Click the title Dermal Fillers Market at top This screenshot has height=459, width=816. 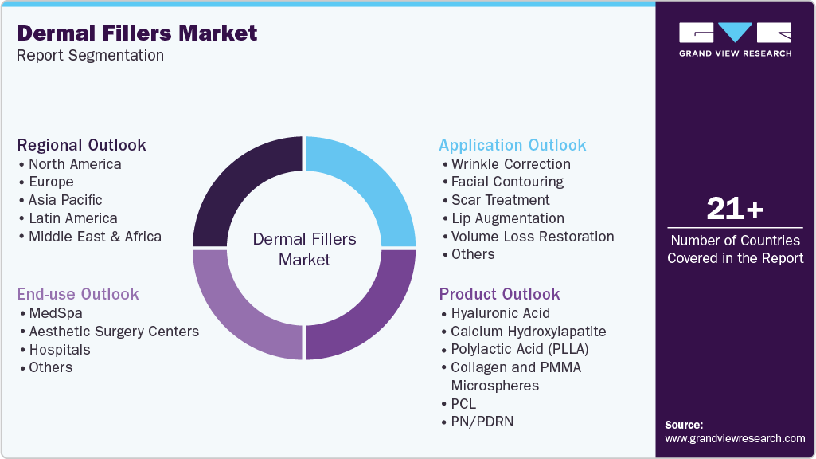coord(137,33)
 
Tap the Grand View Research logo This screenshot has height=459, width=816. coord(735,40)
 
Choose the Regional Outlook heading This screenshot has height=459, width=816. coord(81,145)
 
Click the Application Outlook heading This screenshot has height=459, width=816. coord(512,145)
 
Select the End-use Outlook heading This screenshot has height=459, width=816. coord(77,294)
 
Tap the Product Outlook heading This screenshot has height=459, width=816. coord(499,294)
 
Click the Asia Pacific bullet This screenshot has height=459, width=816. coord(64,200)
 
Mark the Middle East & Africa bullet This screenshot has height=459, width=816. coord(94,237)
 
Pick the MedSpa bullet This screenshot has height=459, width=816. coord(55,313)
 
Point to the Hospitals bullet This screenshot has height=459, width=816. coord(59,350)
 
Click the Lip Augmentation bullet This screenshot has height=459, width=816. coord(507,218)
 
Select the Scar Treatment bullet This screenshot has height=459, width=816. coord(500,200)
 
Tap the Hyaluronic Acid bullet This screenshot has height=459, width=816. coord(500,313)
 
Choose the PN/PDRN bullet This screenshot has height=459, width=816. coord(482,422)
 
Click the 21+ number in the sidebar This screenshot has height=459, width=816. coord(735,210)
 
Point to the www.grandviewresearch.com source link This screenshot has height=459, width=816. coord(735,438)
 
